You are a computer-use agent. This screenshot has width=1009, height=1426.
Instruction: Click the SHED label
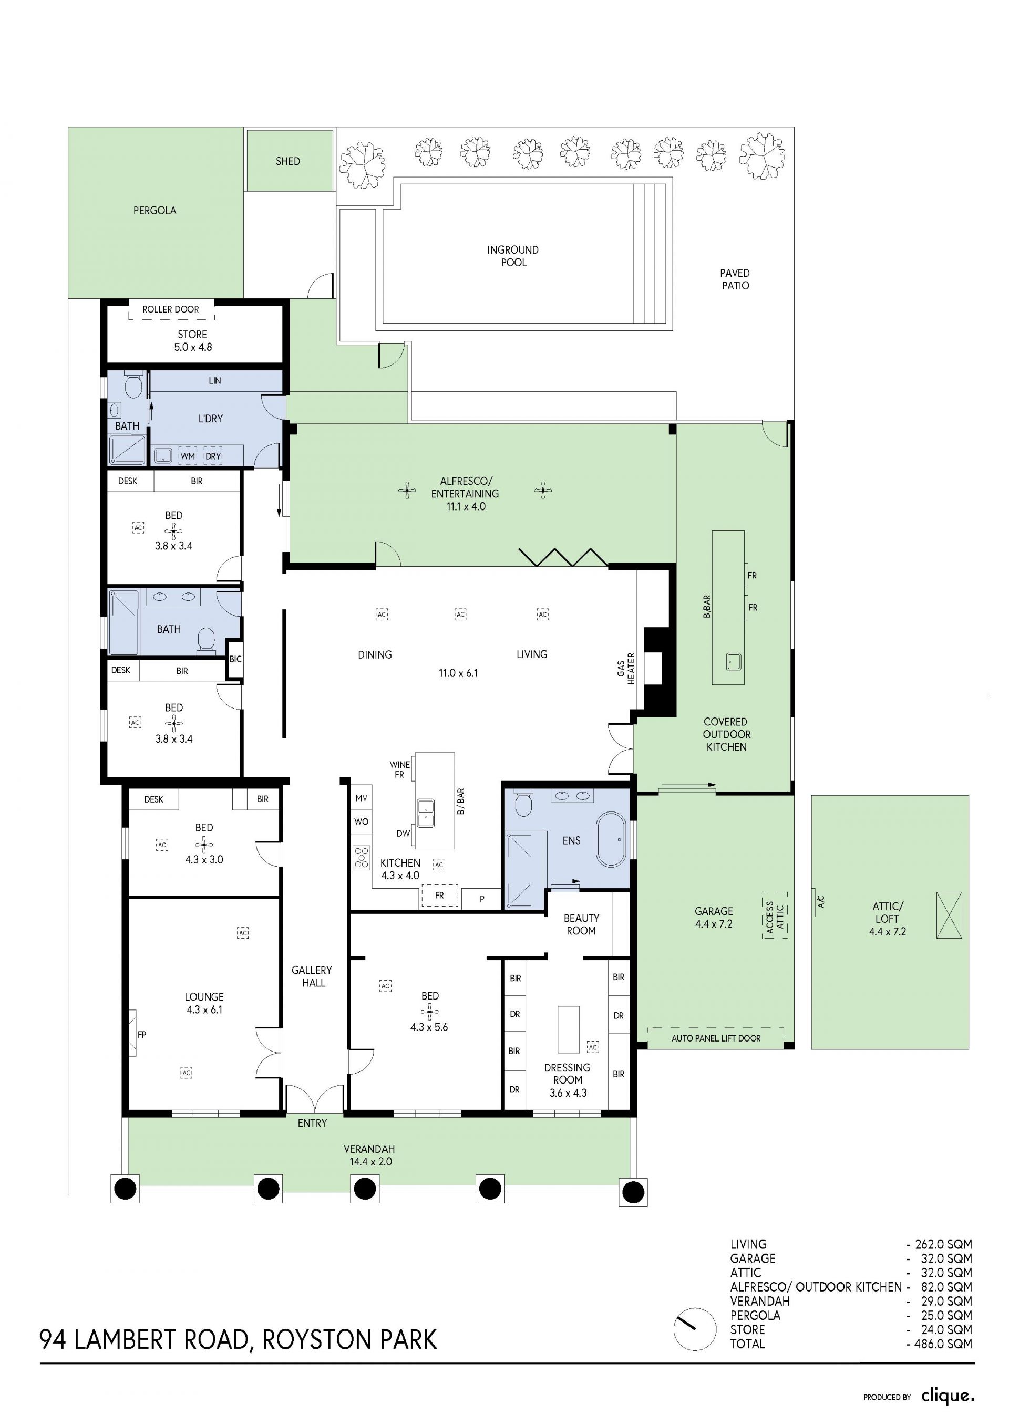click(287, 161)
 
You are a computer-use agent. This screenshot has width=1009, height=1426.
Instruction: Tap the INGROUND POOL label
click(513, 256)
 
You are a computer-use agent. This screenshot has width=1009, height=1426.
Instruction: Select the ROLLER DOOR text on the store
click(171, 309)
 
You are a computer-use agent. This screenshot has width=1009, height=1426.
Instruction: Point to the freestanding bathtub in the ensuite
click(611, 839)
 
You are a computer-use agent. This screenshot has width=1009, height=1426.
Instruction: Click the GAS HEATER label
click(626, 668)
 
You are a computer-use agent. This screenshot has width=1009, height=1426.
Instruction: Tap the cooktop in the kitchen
click(362, 857)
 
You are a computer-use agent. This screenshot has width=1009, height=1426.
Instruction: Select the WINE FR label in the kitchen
click(399, 769)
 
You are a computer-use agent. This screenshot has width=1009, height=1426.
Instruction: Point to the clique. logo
click(948, 1396)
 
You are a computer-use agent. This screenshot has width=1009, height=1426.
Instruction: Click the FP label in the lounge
click(142, 1035)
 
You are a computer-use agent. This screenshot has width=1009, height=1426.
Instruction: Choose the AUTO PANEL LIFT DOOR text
click(716, 1038)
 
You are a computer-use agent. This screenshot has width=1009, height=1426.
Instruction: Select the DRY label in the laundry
click(213, 456)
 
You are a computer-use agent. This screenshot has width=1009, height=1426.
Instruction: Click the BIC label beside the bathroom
click(235, 659)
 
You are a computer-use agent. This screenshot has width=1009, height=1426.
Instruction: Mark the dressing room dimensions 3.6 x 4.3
click(568, 1093)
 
